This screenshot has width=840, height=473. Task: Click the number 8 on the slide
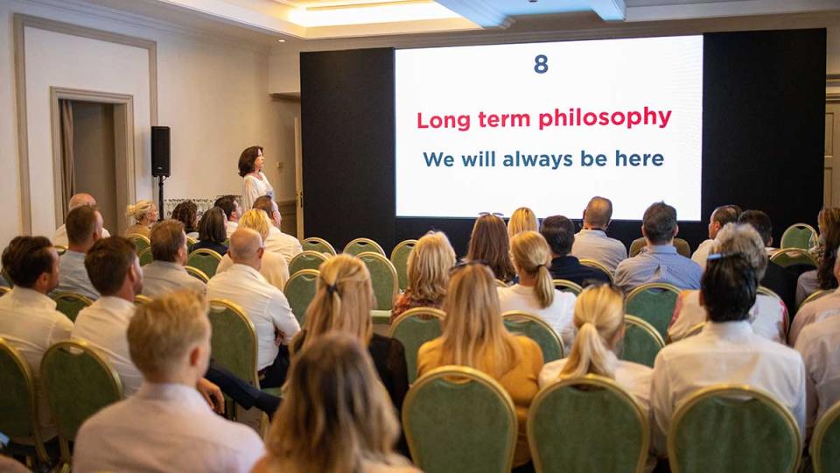coord(541,64)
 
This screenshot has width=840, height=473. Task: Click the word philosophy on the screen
coord(605,117)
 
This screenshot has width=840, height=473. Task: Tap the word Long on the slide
coord(444,121)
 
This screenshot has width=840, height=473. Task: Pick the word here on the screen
coord(640,159)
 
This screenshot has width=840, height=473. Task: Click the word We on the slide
coord(438,159)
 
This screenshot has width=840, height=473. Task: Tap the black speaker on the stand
coord(161,152)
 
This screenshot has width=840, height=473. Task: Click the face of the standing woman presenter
coord(258,160)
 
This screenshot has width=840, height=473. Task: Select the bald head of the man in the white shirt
coord(246,244)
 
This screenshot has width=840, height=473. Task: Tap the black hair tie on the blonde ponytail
coord(332,289)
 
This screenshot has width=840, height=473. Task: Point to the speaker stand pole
coord(161,197)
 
